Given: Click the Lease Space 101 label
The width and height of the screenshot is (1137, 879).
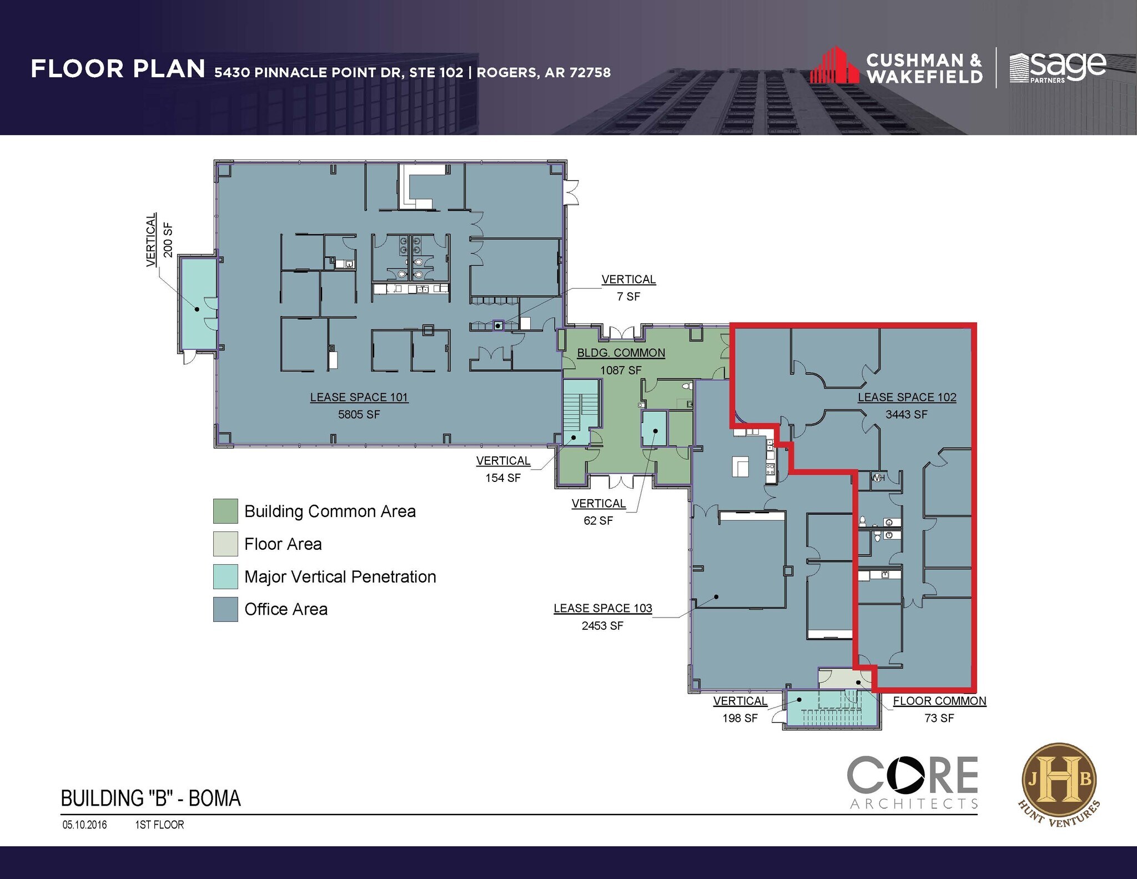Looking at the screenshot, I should (x=359, y=398).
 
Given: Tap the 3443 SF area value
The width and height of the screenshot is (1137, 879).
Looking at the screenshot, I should (x=906, y=414).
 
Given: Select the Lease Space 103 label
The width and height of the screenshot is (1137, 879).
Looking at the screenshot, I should (x=602, y=609).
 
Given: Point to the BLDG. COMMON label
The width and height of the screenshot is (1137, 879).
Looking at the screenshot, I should (x=621, y=353).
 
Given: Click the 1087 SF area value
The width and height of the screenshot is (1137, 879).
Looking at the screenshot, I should (x=621, y=370).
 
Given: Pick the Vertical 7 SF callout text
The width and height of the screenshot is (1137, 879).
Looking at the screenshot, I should (x=628, y=288).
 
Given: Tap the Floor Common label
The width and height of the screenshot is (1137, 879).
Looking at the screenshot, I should (x=939, y=701).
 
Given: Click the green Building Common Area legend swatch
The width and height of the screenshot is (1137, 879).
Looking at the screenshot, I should (x=225, y=511).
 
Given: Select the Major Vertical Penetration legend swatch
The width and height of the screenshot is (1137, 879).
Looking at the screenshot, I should (x=225, y=576).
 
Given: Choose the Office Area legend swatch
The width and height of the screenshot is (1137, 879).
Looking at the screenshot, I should (x=225, y=609).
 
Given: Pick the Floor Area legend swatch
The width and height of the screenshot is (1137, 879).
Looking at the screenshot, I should (x=225, y=544).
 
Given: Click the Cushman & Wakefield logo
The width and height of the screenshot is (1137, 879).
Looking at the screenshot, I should (x=896, y=68).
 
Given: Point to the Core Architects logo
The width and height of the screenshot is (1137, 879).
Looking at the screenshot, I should (x=912, y=782).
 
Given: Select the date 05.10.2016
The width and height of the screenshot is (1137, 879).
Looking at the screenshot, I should (x=84, y=825).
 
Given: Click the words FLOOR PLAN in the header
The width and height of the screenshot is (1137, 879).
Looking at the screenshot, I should (x=118, y=69).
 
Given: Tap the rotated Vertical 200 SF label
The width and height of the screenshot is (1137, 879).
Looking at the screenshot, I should (x=159, y=240).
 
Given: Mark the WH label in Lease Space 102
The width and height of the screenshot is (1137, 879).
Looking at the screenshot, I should (x=878, y=478).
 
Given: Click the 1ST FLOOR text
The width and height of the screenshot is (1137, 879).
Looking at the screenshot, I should (x=159, y=825).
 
